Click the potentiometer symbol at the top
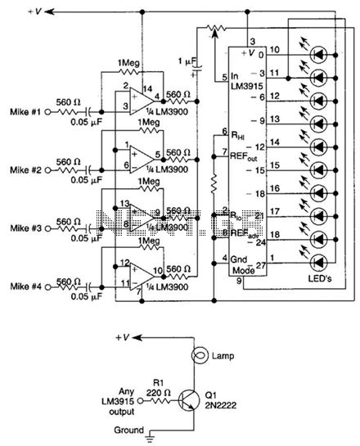coord(216,31)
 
